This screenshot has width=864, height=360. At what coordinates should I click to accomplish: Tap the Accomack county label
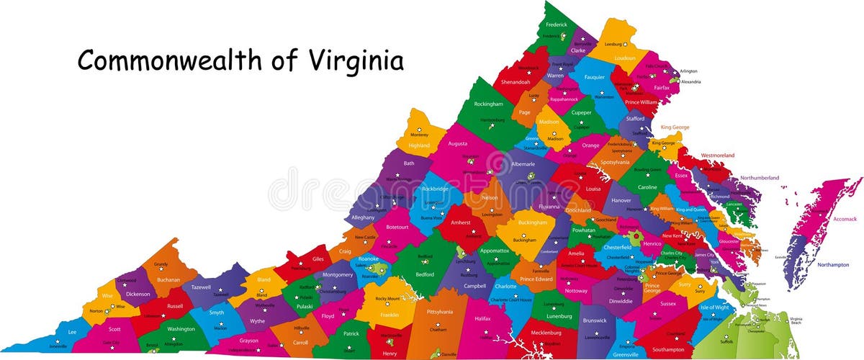coord(825,219)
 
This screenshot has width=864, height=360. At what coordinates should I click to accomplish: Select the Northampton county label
coord(832,265)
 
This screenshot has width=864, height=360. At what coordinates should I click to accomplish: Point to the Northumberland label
coord(760,178)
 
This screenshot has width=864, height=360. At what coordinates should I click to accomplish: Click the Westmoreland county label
coord(718,155)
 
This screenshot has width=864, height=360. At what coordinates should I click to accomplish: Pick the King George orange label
coord(670,127)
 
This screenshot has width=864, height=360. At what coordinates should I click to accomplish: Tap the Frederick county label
coord(556,24)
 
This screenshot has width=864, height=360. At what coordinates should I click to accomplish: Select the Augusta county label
coord(457,143)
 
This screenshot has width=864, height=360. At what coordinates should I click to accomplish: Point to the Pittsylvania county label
coord(440,312)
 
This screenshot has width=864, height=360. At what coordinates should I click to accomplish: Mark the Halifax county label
coord(482,318)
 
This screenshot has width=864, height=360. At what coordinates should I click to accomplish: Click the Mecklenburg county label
coord(546,333)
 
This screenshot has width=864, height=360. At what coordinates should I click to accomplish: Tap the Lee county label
coord(72,332)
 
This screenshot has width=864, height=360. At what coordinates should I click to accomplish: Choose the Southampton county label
coord(669,349)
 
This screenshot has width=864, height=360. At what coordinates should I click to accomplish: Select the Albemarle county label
coord(523,164)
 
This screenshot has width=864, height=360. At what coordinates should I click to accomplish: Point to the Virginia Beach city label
coord(796,320)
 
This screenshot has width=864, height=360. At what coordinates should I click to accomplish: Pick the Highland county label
coord(419,145)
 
